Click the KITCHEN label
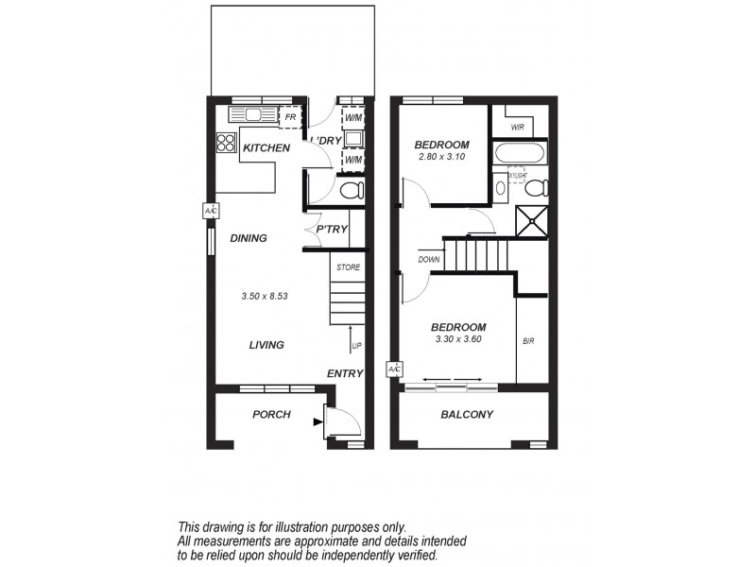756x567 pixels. [266, 148]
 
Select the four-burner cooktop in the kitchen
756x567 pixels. [226, 143]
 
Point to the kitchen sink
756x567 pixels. [254, 115]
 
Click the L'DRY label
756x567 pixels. [326, 141]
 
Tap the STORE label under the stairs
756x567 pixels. [348, 267]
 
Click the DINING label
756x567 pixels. [249, 238]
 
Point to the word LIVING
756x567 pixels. [266, 345]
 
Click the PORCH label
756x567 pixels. [271, 415]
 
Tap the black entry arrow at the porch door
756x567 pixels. [317, 422]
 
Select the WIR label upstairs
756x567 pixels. [517, 127]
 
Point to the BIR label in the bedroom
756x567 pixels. [528, 340]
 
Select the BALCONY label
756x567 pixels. [468, 415]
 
